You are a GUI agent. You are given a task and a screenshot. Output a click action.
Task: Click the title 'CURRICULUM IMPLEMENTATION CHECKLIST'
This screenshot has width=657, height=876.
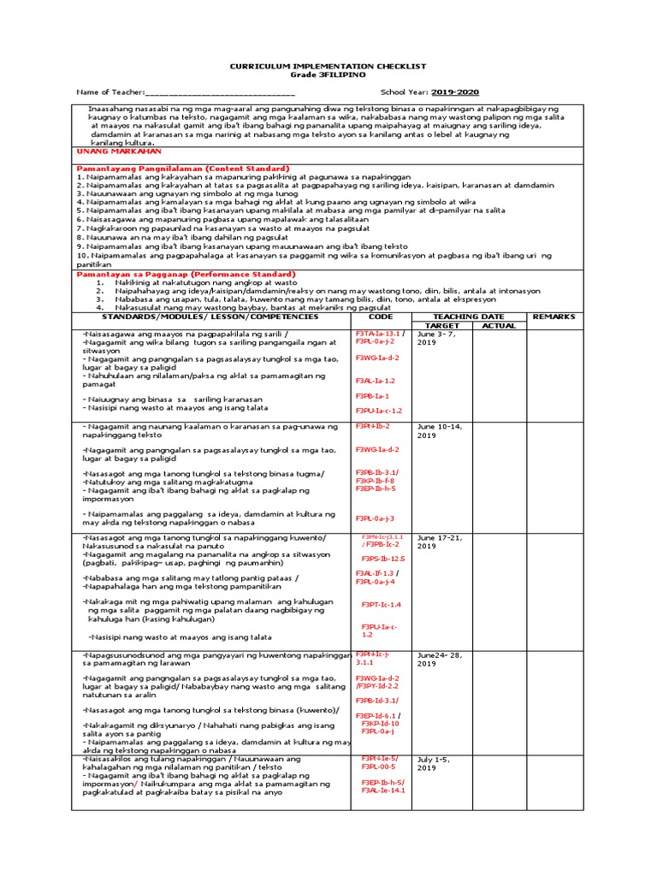coord(328,67)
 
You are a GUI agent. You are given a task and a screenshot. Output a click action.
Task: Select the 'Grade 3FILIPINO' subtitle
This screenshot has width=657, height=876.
coord(328,75)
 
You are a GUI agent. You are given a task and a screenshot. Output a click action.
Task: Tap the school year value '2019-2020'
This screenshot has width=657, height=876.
coord(455,92)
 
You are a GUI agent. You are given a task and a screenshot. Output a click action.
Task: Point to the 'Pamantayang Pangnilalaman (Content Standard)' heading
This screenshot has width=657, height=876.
coord(183,169)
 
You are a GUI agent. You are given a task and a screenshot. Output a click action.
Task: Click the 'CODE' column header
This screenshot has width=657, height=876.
coord(381,317)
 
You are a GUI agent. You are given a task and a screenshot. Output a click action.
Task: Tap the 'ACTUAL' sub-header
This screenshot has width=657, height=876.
coord(500,326)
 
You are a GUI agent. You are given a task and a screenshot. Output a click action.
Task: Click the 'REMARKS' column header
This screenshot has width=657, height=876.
coord(554,317)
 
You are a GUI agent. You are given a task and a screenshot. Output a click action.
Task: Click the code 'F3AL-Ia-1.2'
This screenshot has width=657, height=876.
coord(376,381)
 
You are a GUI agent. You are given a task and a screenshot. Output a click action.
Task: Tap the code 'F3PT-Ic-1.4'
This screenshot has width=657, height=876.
coord(381,604)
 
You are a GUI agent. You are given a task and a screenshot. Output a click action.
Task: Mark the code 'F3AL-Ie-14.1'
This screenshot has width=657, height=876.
coord(382,790)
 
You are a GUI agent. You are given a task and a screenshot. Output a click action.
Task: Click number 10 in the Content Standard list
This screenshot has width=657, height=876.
coord(81,255)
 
